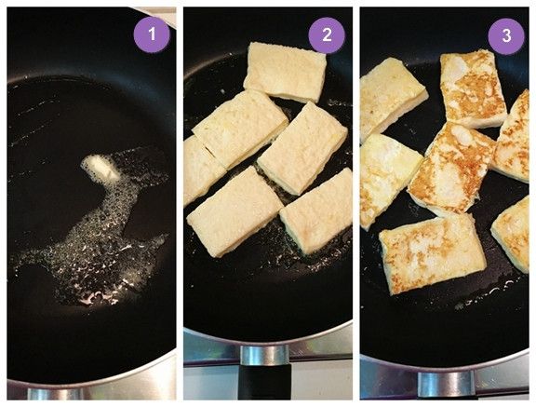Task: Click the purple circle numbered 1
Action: [x=152, y=34]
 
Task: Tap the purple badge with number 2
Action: [x=327, y=35]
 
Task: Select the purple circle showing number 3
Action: [x=506, y=36]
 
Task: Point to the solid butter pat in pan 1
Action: [x=100, y=168]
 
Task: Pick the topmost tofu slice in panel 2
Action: [x=286, y=72]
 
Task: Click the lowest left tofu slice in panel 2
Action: [x=234, y=212]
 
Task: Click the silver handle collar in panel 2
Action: [x=265, y=356]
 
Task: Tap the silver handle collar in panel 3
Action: [x=446, y=384]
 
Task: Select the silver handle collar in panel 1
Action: [x=55, y=394]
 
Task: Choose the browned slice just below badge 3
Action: [x=473, y=89]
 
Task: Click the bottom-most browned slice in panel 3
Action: [x=433, y=253]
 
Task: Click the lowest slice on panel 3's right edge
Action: [x=512, y=235]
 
